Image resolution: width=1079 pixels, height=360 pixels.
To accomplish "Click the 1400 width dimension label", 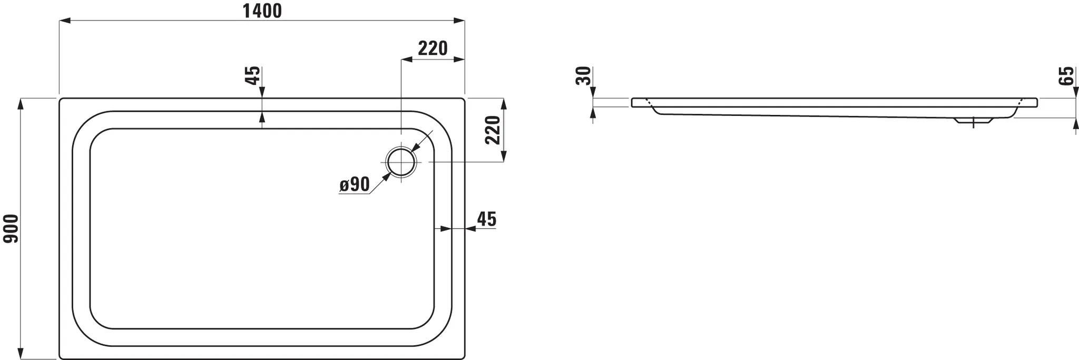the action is pos(262,11).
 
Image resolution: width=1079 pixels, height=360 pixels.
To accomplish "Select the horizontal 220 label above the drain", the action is pos(433,48).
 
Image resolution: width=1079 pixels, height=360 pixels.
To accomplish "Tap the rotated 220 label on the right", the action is pos(493,130).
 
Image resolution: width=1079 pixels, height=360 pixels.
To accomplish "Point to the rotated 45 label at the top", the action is pos(253,75).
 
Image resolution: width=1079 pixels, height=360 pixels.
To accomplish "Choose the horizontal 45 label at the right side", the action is pos(486,219).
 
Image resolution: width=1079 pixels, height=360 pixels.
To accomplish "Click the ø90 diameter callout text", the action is pos(354,184).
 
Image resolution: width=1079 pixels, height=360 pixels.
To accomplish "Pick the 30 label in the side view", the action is pos(583,76).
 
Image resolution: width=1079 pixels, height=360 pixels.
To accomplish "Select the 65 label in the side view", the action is pos(1066,76).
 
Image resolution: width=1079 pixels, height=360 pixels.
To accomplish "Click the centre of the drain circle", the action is pos(401,162).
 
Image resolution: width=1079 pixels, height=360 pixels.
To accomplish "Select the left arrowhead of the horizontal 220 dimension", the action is pos(407,60).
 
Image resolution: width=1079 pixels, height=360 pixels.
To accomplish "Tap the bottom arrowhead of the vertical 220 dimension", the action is pos(503,156).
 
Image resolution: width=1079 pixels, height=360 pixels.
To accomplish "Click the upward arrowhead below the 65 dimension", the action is pos(1075,124).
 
